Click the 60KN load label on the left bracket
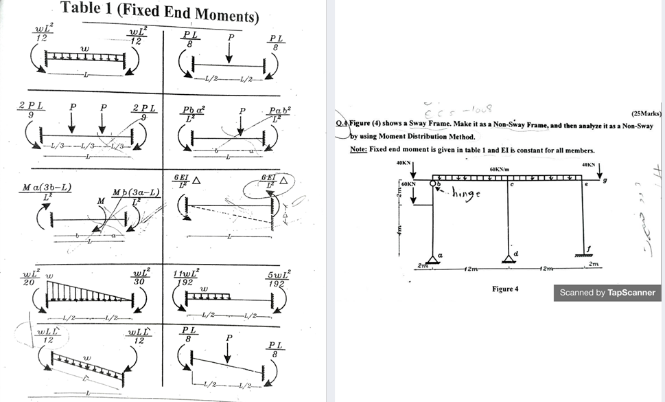coord(408,186)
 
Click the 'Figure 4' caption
coord(504,289)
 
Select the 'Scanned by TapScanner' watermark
coord(607,293)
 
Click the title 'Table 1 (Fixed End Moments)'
coord(160,12)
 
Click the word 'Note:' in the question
coord(358,150)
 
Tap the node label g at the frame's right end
coord(605,181)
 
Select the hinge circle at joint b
coord(433,183)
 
